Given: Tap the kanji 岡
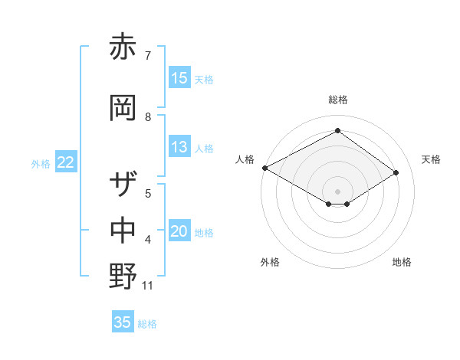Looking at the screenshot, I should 123,107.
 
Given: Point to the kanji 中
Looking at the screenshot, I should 123,230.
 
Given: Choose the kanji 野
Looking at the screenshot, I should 123,276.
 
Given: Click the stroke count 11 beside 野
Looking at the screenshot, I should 149,286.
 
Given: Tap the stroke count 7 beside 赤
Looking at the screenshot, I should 147,56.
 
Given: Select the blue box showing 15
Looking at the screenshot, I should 179,78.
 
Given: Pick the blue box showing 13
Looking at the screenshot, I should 179,148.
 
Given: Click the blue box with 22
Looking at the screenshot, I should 66,162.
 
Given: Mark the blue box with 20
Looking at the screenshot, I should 179,232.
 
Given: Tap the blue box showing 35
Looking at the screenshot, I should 123,322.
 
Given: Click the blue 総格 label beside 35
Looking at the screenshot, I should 147,324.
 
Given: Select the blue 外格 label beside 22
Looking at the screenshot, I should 41,164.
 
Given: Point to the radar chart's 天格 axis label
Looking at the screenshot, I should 431,159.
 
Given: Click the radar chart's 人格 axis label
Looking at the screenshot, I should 245,159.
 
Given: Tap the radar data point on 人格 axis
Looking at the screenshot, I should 264,168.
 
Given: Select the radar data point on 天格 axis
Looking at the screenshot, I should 396,172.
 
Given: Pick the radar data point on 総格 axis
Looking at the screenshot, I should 337,131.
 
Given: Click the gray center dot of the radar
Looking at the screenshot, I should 337,191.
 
